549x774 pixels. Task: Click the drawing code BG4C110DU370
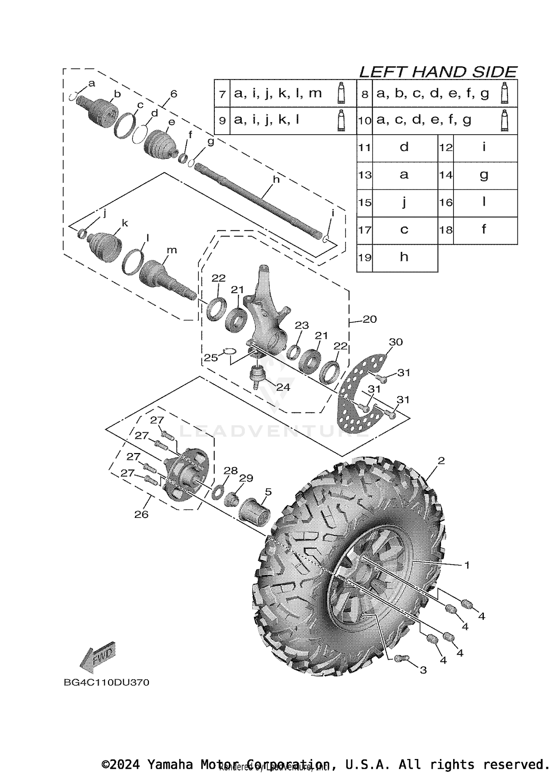coord(106,683)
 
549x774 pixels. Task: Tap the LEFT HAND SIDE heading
coord(438,72)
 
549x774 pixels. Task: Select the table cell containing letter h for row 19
coord(404,257)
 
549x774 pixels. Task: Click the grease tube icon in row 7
coord(341,93)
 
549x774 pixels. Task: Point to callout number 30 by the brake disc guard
coord(396,342)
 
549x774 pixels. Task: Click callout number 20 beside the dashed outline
coord(369,319)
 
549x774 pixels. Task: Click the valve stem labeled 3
coord(400,658)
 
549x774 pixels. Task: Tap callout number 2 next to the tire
coord(441,461)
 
